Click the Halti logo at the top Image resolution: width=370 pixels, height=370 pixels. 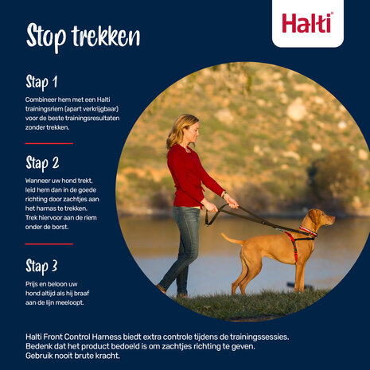[307, 22]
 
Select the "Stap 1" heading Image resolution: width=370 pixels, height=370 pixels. [41, 82]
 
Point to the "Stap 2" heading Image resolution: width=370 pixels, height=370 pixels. [42, 164]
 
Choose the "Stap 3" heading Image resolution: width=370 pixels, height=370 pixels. [42, 265]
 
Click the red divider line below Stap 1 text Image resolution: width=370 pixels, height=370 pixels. [49, 143]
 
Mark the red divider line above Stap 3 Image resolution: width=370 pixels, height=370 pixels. [49, 244]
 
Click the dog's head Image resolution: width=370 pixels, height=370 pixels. [320, 218]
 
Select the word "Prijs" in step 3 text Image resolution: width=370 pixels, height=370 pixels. [33, 282]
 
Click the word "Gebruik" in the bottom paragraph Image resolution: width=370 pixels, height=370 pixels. [39, 355]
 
